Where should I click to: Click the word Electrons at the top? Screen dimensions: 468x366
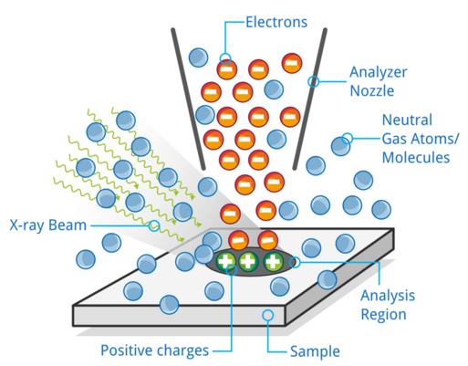coord(276,22)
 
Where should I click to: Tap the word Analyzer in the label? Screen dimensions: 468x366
coord(378,73)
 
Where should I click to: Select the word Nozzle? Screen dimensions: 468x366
coord(372,90)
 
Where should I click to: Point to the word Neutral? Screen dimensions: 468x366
coord(407,120)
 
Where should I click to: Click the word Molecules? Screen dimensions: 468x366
coord(416,158)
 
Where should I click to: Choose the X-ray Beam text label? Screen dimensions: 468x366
coord(48,225)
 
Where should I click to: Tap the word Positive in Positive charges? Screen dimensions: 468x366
coord(130,350)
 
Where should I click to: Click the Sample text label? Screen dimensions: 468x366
coord(315,351)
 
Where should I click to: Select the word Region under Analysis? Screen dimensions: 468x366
coord(383,315)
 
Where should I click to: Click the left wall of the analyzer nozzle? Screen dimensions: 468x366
coord(188,99)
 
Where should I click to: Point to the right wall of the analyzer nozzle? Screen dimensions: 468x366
coord(310,99)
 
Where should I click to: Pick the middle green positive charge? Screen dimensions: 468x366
coord(248,261)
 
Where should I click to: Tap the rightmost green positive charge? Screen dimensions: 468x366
coord(273,261)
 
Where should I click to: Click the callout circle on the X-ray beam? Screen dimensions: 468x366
coord(154,225)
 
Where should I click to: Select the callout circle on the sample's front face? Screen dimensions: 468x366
coord(267,315)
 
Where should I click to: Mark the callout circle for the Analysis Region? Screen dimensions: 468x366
coord(295,262)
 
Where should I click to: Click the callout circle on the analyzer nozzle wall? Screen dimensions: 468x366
coord(313,81)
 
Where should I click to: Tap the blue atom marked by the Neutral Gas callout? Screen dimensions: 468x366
coord(340,146)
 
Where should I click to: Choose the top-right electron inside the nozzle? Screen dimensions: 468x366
coord(292,63)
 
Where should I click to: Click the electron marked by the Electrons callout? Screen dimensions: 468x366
coord(227,69)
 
